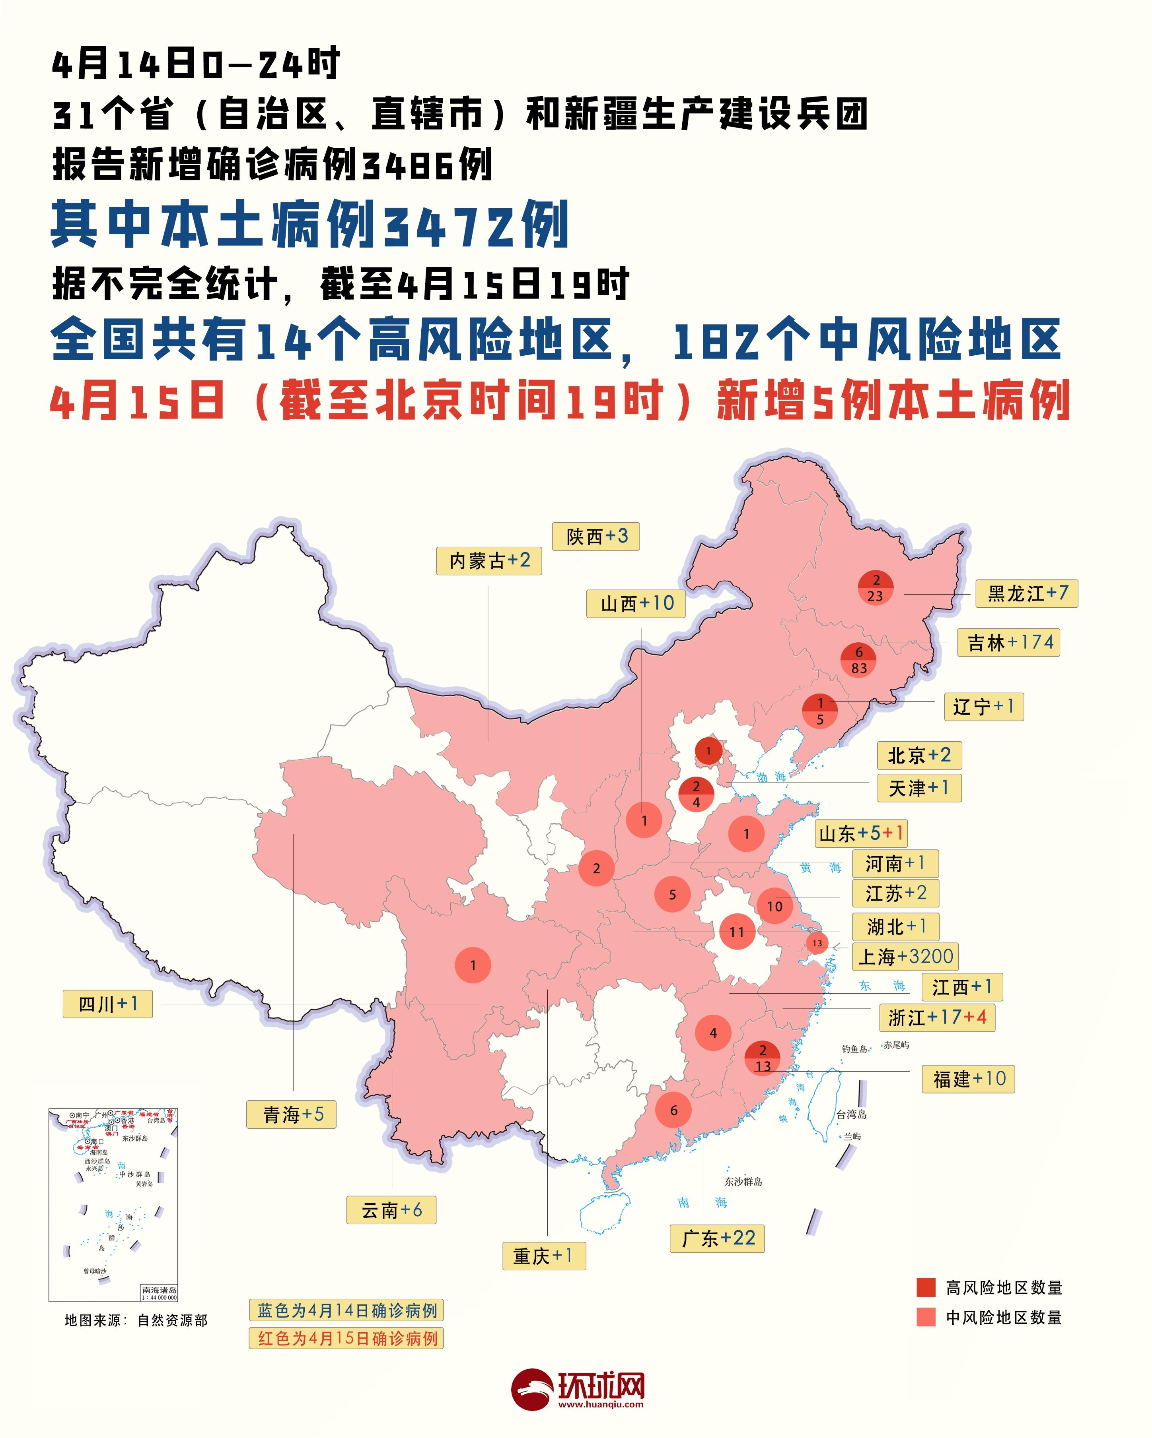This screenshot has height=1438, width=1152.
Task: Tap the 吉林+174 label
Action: coord(1008,642)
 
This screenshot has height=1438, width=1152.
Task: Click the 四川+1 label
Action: coord(107,1004)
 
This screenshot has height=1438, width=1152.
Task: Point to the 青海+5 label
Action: coord(292,1114)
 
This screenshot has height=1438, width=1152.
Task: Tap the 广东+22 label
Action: coord(717,1238)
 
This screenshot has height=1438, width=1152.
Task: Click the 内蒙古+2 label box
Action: coord(488,560)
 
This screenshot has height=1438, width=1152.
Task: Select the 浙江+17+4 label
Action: coord(936,1017)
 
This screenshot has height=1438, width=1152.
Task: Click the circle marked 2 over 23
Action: coord(875,588)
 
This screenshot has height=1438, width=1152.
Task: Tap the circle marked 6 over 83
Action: coord(858,660)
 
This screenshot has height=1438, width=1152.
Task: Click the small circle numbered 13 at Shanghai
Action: coord(817,943)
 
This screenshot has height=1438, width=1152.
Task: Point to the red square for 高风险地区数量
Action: coord(926,1287)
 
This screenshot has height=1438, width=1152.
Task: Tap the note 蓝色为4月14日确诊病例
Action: coord(346,1310)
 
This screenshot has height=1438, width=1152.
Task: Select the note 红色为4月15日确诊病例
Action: coord(346,1338)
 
